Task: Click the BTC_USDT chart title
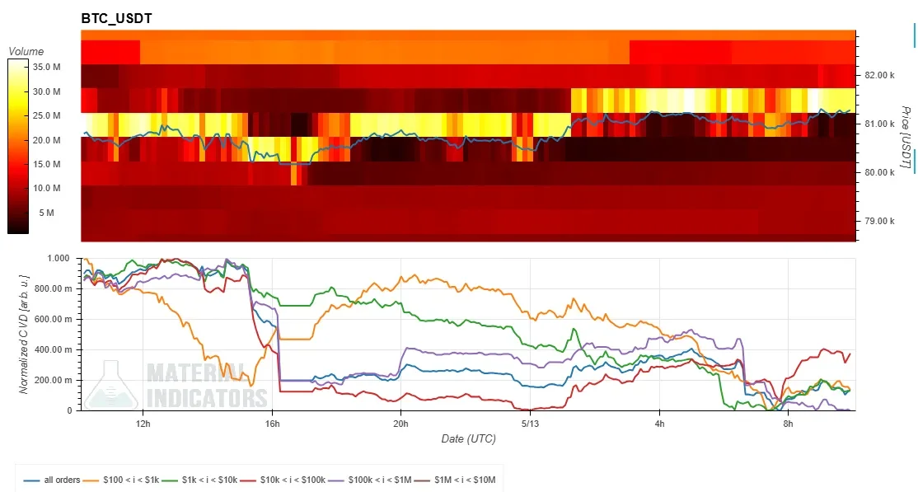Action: point(116,19)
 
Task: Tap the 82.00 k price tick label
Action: point(879,75)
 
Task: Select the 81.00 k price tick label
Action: point(879,124)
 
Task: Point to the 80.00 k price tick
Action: point(879,172)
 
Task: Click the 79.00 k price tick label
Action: point(879,221)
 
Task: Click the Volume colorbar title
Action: point(26,52)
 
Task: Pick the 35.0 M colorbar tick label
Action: point(47,67)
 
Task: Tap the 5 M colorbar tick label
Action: point(47,213)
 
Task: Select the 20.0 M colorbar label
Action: point(47,140)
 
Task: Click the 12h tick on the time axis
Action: point(143,424)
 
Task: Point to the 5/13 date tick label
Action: point(529,424)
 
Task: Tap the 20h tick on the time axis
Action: point(400,424)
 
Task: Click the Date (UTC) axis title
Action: point(468,438)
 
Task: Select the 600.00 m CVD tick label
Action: point(53,319)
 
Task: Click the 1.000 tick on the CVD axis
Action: point(58,258)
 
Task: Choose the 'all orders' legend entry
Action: point(52,480)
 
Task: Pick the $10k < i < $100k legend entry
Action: point(283,480)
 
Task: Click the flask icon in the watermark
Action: point(111,386)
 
